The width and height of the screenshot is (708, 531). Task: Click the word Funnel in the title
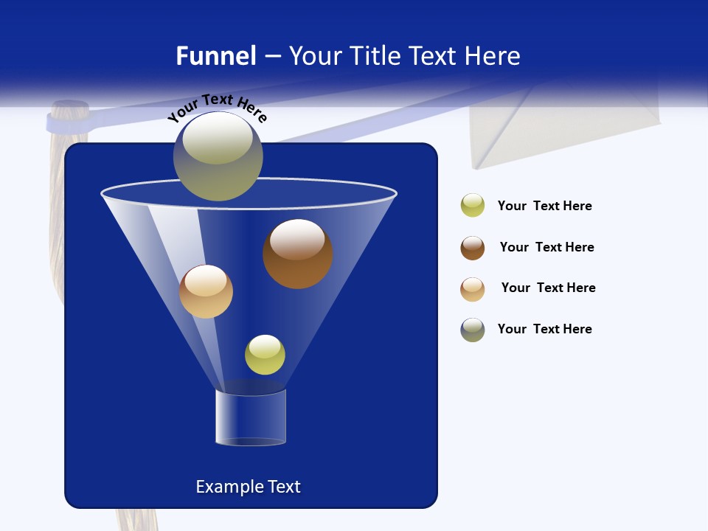click(x=216, y=56)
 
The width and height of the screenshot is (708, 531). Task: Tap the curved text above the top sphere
click(x=217, y=108)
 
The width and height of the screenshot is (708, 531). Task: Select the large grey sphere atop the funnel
click(x=218, y=156)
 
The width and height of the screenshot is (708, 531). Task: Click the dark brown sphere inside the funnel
click(x=297, y=254)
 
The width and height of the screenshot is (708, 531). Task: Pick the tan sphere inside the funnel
click(x=206, y=291)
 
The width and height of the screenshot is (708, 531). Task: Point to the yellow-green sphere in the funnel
click(x=265, y=354)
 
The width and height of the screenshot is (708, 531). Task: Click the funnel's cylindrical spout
click(x=251, y=417)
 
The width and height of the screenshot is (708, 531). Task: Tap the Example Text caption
click(x=248, y=487)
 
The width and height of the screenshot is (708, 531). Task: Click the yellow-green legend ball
click(x=473, y=206)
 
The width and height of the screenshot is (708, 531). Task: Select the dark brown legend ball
click(x=473, y=248)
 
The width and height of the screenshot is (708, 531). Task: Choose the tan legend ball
click(x=473, y=289)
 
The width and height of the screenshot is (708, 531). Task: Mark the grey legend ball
click(x=473, y=330)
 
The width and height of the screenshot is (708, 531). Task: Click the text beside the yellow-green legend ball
click(x=544, y=206)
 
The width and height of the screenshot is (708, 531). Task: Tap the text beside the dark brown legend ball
click(x=546, y=248)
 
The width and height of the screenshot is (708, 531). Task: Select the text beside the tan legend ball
click(x=548, y=288)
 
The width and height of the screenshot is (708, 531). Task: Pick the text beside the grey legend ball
click(x=544, y=330)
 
